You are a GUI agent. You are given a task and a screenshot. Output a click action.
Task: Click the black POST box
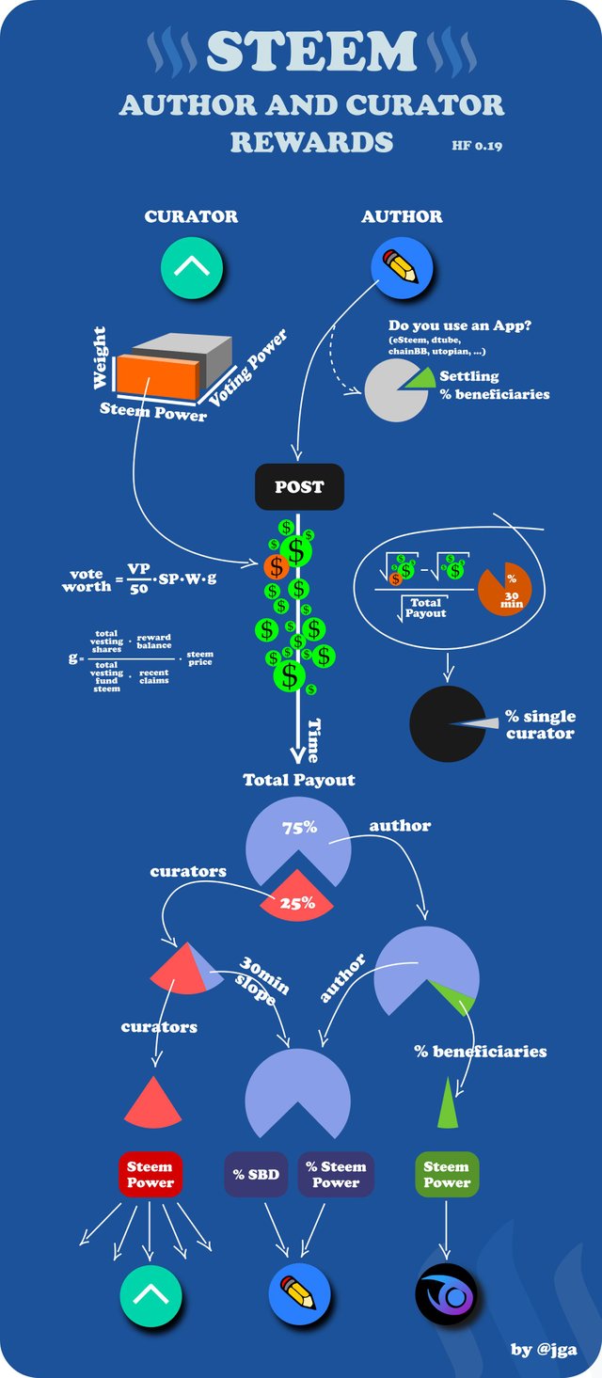[x=299, y=487]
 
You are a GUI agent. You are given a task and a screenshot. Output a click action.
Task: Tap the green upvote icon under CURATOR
[x=192, y=266]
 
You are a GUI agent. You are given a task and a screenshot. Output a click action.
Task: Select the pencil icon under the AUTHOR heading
[x=402, y=266]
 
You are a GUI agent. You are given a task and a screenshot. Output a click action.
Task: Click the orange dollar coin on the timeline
[x=276, y=566]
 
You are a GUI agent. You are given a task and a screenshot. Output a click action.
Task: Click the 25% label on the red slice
[x=296, y=903]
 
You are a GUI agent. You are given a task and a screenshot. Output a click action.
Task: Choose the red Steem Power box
[x=150, y=1175]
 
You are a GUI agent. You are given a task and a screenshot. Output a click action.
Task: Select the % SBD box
[x=256, y=1175]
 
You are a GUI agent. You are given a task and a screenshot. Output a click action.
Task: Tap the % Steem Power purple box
[x=336, y=1175]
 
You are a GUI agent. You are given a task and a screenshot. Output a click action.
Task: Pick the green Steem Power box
[x=446, y=1175]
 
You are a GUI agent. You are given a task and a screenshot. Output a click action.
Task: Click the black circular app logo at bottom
[x=447, y=1295]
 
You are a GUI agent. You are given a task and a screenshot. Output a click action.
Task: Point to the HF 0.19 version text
[x=477, y=146]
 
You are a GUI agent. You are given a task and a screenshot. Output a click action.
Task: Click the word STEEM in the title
[x=311, y=52]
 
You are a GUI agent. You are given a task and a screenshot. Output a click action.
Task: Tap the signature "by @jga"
[x=544, y=1350]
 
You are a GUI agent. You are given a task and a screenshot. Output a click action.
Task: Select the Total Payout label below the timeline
[x=299, y=780]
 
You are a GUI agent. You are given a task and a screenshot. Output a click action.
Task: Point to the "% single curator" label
[x=540, y=724]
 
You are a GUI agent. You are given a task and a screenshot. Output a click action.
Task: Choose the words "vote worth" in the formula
[x=87, y=580]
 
